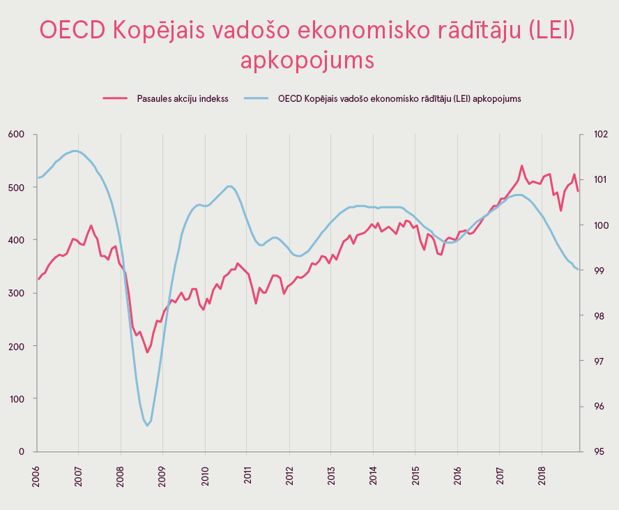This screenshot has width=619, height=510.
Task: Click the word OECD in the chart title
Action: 72,31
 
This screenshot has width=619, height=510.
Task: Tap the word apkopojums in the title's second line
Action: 307,60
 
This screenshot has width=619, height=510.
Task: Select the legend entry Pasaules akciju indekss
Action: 183,98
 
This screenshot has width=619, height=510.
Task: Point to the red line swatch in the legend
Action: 115,98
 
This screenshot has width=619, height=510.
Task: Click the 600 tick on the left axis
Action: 16,134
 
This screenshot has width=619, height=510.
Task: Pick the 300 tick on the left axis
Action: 16,293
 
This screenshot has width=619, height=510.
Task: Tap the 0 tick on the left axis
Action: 22,451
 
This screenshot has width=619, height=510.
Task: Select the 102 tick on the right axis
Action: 600,134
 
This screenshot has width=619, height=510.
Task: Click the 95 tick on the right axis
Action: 598,451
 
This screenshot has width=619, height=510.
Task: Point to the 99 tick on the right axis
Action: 598,270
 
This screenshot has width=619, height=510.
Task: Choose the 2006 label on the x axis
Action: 36,478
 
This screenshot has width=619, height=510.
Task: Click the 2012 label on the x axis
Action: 289,478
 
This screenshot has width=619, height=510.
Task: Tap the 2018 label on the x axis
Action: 542,478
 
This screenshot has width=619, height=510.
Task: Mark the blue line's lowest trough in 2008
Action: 147,426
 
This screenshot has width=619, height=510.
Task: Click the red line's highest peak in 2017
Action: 522,166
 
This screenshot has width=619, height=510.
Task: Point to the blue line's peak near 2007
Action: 75,151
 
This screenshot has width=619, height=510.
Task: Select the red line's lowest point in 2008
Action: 147,352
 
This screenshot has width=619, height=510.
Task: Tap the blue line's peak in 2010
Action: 229,186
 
